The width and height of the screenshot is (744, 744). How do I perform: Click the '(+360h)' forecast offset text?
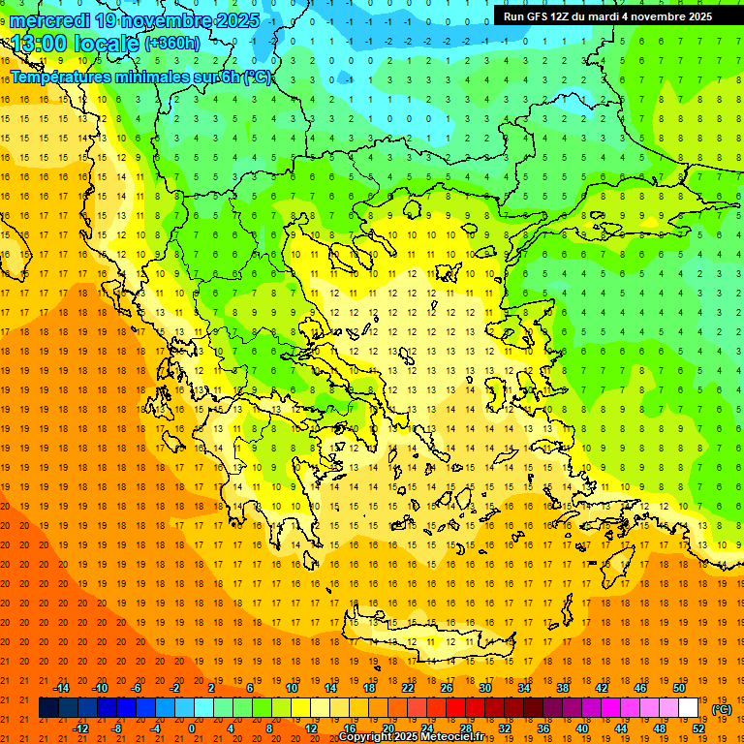click(173, 44)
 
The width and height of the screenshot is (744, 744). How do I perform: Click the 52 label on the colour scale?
click(698, 728)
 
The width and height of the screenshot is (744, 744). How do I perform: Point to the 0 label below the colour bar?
click(192, 728)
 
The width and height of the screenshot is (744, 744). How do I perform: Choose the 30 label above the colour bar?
click(484, 688)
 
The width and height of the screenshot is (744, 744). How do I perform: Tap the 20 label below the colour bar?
click(388, 728)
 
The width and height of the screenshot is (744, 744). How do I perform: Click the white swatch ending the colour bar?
click(689, 708)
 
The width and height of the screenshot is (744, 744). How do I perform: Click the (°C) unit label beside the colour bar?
click(722, 709)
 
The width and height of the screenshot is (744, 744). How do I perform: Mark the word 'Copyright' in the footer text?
click(367, 737)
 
